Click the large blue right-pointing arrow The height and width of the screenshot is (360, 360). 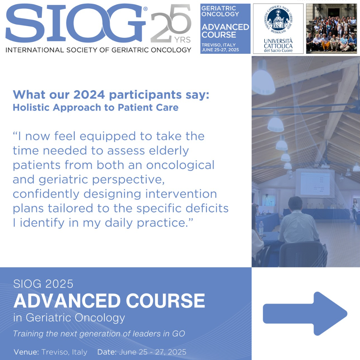(305, 314)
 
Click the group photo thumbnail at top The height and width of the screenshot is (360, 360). (331, 28)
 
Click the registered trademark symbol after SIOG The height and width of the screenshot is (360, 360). (145, 9)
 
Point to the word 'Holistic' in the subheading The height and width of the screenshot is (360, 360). (31, 107)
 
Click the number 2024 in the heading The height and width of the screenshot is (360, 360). (89, 95)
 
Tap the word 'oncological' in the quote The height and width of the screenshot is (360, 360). (180, 165)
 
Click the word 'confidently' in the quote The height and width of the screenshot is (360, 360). (46, 194)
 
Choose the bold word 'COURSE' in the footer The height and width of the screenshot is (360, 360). (165, 301)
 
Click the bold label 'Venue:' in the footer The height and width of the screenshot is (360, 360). (26, 352)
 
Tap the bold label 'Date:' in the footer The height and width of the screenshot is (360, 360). (107, 352)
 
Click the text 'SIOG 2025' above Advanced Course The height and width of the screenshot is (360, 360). (43, 284)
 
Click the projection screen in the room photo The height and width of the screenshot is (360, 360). (315, 183)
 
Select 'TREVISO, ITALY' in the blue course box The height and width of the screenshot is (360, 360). (219, 45)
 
